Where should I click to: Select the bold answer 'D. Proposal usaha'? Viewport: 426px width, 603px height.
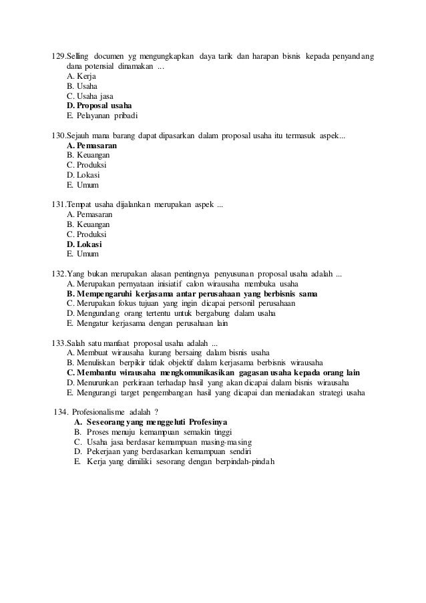click(x=99, y=106)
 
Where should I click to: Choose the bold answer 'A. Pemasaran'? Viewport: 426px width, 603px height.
click(x=93, y=145)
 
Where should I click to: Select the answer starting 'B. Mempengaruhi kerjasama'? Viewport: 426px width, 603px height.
click(x=192, y=294)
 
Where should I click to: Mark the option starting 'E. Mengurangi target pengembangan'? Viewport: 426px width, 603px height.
click(x=216, y=393)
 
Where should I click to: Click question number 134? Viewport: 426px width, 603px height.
click(x=61, y=412)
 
